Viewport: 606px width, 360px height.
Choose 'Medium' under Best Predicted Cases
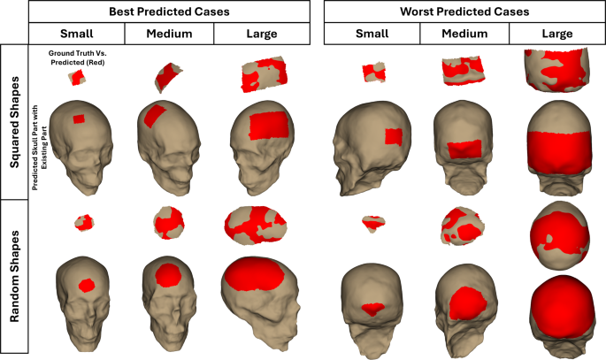click(x=167, y=34)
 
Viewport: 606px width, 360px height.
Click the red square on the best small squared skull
click(x=78, y=119)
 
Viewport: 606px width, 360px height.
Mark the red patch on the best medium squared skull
click(x=156, y=115)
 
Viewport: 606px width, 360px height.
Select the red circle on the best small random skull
click(x=87, y=285)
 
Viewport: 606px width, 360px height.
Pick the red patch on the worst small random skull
click(x=373, y=309)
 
